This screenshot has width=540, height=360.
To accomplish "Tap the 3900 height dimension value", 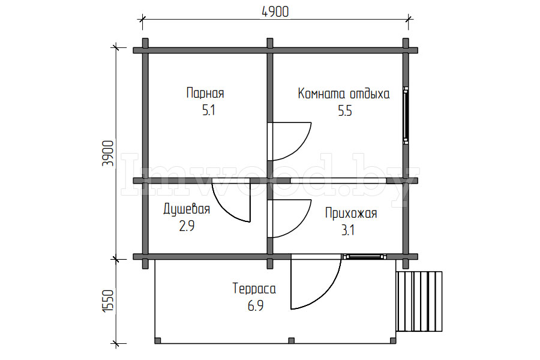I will point(108,153).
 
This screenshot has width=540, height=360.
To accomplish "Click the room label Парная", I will point(205,94).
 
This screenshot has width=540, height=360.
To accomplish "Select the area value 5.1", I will point(205,111).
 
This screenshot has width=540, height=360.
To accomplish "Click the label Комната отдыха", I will point(344,94).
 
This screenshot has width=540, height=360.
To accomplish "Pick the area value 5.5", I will point(344,111).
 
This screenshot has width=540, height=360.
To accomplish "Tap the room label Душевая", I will point(187,209).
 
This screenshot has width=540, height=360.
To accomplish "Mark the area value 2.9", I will point(187,226).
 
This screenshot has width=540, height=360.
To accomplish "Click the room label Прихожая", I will point(351,213).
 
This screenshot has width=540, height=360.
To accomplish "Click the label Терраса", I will point(254,289).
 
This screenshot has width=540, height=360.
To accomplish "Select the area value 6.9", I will point(254,306).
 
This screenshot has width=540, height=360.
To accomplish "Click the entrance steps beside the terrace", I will point(419,301).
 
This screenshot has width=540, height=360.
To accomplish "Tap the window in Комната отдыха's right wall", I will point(407,115).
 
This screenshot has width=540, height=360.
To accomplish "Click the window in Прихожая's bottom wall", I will point(365,257).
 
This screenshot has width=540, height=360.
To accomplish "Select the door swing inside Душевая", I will point(231,201).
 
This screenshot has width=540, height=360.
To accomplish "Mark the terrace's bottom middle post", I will point(292,341).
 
